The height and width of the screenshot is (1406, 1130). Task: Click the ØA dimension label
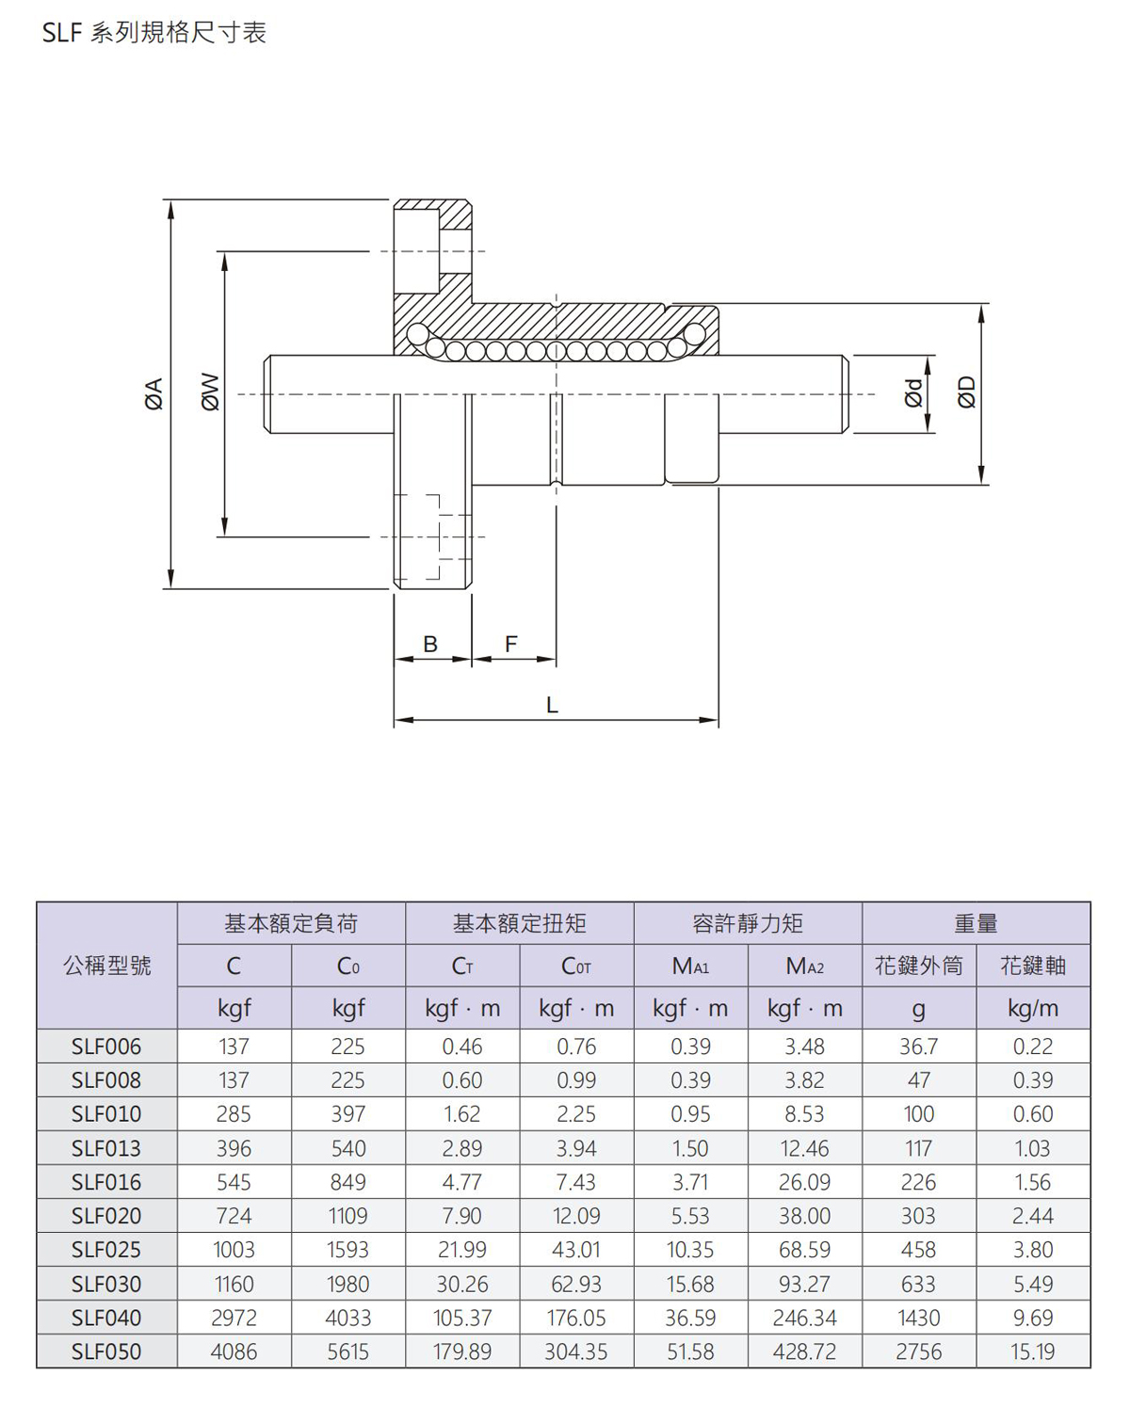click(x=153, y=393)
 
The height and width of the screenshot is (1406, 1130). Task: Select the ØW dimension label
click(x=210, y=392)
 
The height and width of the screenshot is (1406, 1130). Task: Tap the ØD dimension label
click(x=966, y=392)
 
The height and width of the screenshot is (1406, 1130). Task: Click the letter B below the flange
click(x=430, y=645)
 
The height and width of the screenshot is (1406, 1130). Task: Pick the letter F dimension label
click(x=510, y=645)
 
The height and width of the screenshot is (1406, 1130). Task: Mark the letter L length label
click(x=552, y=705)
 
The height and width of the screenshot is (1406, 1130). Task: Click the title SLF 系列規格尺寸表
click(x=154, y=32)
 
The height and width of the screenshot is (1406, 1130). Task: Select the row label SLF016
click(x=106, y=1182)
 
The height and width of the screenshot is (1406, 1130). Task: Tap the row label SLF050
click(x=106, y=1351)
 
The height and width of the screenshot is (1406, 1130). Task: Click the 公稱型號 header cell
click(x=107, y=965)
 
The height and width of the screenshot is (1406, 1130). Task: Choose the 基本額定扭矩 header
click(x=520, y=923)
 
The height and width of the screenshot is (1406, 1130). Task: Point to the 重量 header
click(x=977, y=923)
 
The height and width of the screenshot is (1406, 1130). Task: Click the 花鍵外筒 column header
click(x=919, y=965)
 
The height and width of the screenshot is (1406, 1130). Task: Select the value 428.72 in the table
click(x=805, y=1351)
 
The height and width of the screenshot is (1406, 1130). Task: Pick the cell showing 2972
click(x=234, y=1318)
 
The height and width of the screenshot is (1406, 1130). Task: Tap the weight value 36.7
click(x=919, y=1047)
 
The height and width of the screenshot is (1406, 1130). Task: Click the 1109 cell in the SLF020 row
click(x=347, y=1216)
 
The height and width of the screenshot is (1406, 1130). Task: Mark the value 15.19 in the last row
click(x=1033, y=1351)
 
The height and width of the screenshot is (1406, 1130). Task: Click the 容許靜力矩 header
click(x=748, y=923)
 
